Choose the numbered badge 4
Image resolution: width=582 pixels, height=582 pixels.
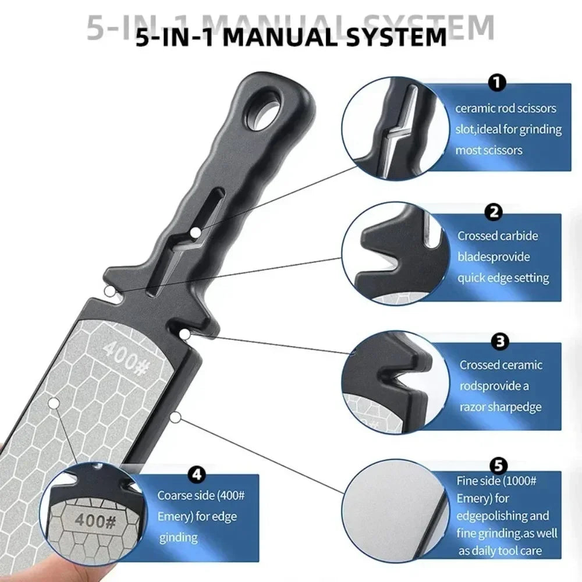point(197,475)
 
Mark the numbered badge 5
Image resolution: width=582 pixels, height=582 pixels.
point(499,466)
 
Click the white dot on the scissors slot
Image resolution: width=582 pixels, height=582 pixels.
point(196,233)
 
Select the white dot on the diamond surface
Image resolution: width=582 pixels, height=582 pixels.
point(54,403)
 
